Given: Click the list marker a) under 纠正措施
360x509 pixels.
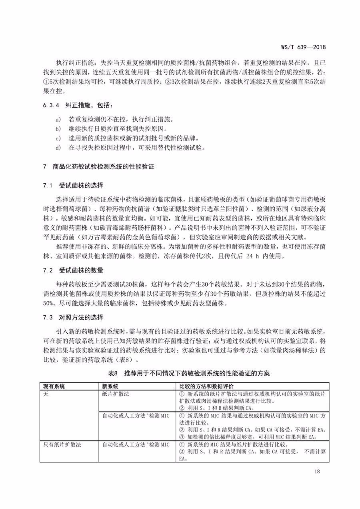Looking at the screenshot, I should (x=58, y=120).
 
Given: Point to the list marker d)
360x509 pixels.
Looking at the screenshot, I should (x=58, y=148).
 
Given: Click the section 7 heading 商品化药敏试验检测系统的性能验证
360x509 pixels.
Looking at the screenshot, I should (x=104, y=167).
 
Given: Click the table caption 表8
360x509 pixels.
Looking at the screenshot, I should (x=114, y=373).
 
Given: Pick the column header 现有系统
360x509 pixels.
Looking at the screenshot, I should (x=54, y=386).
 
